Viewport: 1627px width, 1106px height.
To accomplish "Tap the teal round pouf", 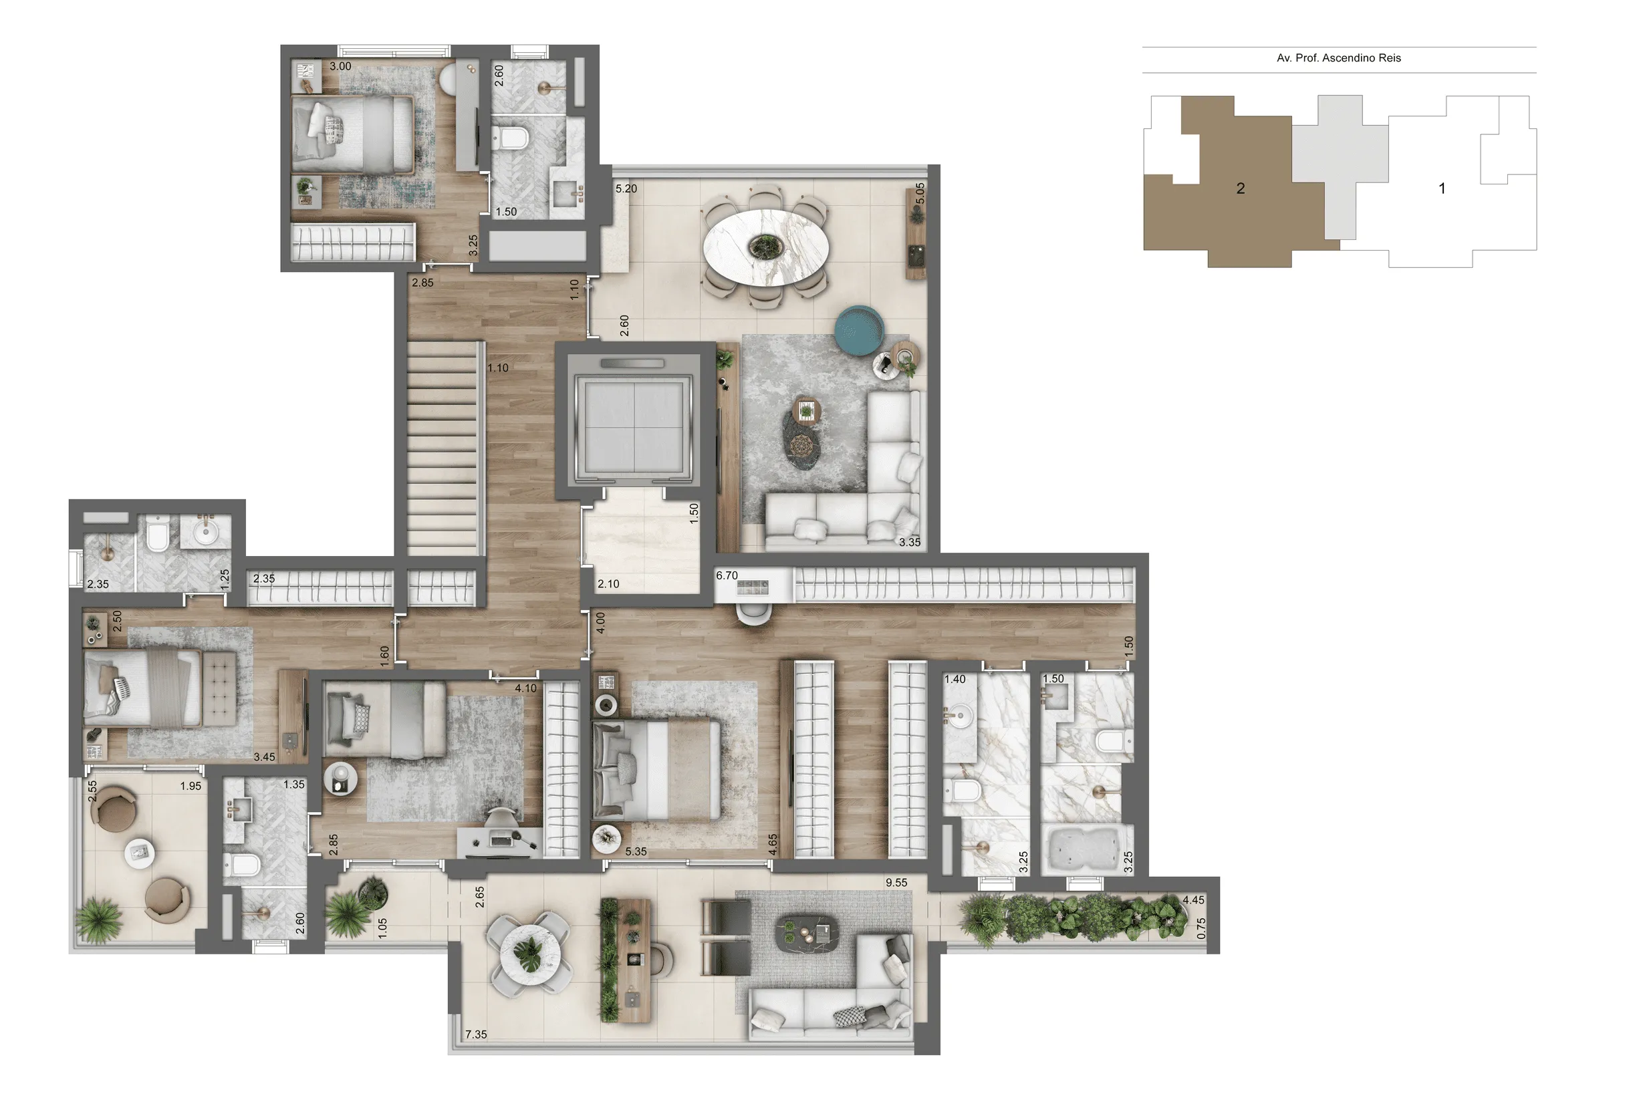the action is [859, 329].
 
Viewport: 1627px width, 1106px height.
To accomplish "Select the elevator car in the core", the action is [634, 428].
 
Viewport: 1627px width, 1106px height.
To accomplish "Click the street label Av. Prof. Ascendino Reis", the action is [1338, 58].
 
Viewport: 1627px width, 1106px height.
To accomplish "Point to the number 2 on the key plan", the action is [1241, 188].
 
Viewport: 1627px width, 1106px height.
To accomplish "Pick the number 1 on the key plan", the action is [1441, 188].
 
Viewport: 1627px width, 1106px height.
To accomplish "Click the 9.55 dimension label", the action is [896, 883].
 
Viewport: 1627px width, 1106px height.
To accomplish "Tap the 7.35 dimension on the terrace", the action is [476, 1034].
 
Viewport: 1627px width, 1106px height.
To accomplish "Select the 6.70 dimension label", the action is [727, 575].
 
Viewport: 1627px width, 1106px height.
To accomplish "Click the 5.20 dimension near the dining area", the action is [626, 188].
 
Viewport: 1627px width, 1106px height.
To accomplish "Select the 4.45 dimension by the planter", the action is [1194, 900].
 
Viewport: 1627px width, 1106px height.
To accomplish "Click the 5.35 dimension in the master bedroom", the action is [636, 852].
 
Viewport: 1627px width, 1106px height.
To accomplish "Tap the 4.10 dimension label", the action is [526, 688].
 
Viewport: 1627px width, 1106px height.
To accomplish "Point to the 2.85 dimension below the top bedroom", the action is [422, 283].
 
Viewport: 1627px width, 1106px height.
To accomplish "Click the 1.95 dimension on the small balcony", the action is [191, 786].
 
